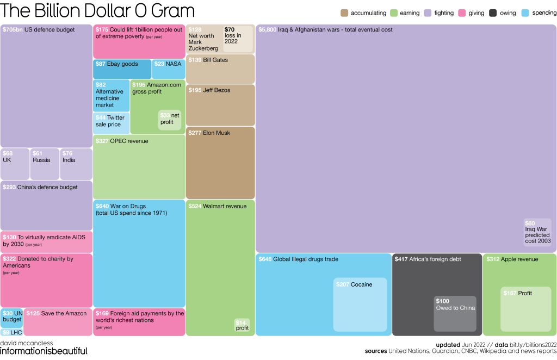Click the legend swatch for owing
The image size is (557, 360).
coord(493,13)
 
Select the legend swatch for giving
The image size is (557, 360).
coord(462,13)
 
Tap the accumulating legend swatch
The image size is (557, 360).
coord(344,13)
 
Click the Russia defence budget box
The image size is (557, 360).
coord(45,164)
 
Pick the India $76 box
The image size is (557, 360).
coord(76,164)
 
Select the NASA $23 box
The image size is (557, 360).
coord(169,69)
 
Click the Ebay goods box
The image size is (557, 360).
coord(122,69)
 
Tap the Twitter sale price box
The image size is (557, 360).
coord(112,123)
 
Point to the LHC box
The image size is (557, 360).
coord(11,332)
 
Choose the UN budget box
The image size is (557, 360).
coord(11,318)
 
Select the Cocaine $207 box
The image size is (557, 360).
coord(360,305)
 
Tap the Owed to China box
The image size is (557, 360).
coord(455,313)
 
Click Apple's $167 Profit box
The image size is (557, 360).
coord(525,309)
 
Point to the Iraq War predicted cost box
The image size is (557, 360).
coord(537,232)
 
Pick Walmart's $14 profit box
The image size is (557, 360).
coord(242,325)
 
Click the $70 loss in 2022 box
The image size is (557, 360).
coord(238,39)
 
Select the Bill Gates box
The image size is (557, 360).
coord(220,69)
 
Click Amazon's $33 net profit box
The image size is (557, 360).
coord(170,120)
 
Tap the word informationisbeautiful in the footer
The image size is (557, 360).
coord(44,351)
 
